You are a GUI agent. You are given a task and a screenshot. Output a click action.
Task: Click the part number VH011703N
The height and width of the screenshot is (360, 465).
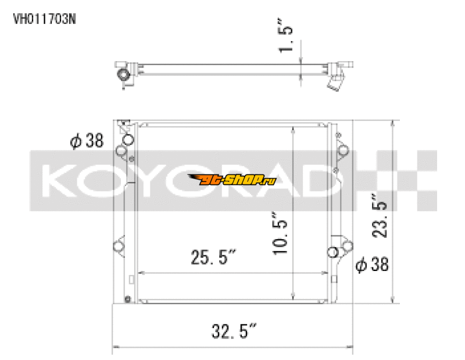coord(44,18)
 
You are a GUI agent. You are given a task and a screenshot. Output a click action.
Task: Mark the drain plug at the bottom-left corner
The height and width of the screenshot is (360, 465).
coord(127,300)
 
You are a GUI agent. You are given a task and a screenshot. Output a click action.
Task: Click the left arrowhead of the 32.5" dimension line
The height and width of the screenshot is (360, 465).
coord(114,348)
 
